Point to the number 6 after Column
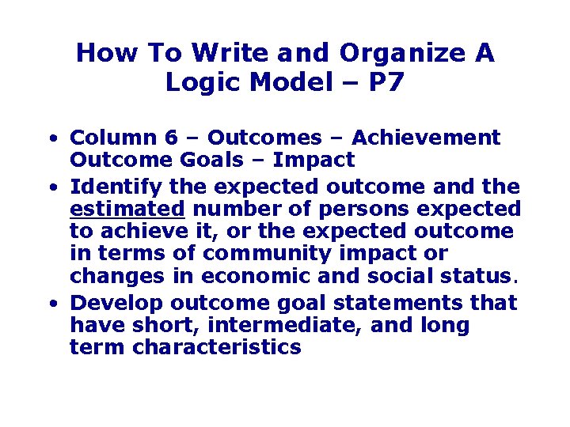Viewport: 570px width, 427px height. point(192,138)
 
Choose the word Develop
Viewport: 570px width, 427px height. point(114,303)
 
